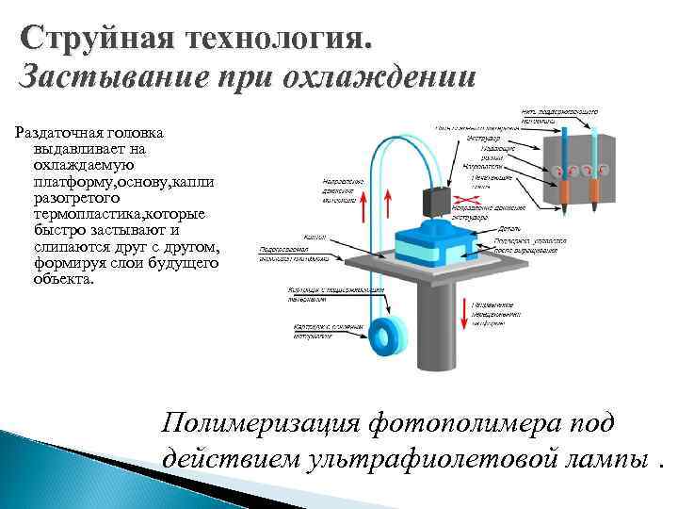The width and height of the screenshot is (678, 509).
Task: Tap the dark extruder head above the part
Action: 436,202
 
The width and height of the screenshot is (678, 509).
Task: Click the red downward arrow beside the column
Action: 464,312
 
